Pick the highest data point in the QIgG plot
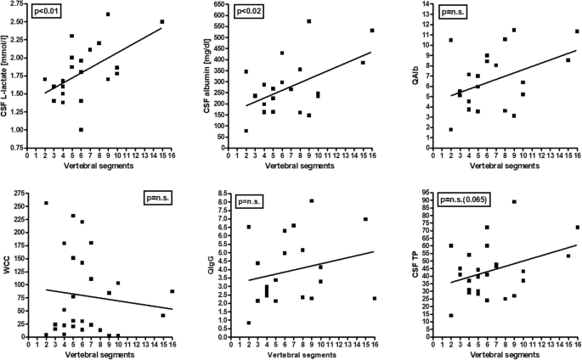(x=312, y=200)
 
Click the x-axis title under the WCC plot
(x=99, y=354)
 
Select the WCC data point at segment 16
(x=172, y=291)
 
